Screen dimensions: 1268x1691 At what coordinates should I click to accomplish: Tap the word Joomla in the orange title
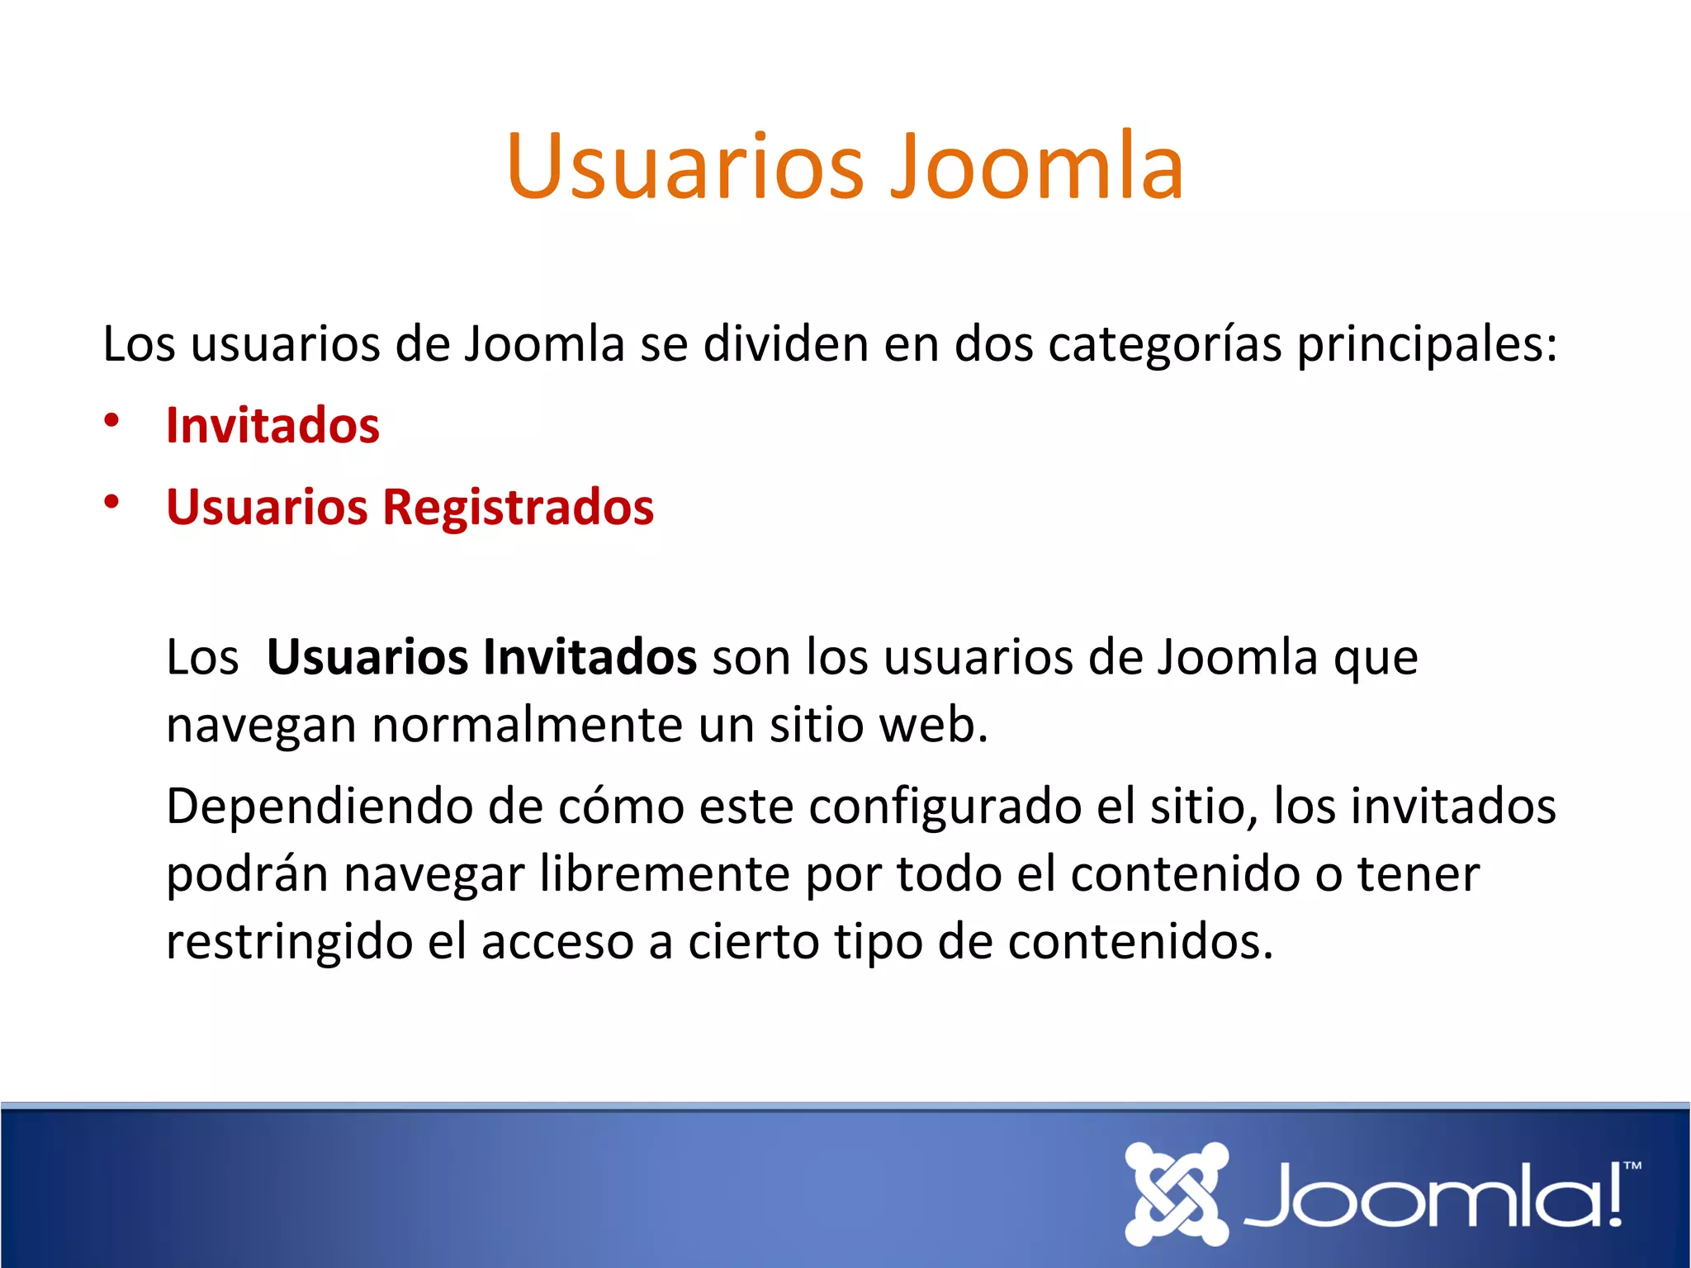(x=1037, y=167)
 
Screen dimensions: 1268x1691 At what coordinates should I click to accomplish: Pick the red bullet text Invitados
(x=272, y=426)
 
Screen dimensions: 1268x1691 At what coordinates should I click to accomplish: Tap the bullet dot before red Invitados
(x=111, y=420)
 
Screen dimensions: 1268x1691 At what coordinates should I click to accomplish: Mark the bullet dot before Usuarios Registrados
(x=111, y=501)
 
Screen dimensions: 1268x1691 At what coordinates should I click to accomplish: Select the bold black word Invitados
(x=590, y=657)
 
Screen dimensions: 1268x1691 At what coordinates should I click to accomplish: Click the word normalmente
(x=528, y=725)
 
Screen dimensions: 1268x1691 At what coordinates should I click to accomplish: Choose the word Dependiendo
(x=319, y=807)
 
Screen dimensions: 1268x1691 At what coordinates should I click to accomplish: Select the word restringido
(x=289, y=941)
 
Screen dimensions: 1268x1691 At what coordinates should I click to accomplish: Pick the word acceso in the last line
(x=557, y=942)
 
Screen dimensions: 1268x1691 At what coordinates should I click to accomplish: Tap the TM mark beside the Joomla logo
(x=1632, y=1166)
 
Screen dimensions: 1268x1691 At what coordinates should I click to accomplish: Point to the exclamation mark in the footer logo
(x=1614, y=1195)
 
